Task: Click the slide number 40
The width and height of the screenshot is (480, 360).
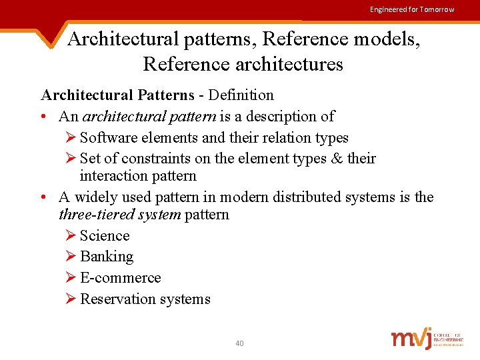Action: pos(239,343)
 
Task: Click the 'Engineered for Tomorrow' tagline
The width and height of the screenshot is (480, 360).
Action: pos(412,9)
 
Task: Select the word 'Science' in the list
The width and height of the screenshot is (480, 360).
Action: pos(105,235)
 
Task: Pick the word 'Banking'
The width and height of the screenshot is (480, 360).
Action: pos(107,257)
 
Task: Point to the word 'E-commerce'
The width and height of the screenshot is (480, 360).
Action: pos(120,277)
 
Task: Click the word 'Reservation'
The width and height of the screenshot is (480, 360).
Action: pos(112,299)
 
